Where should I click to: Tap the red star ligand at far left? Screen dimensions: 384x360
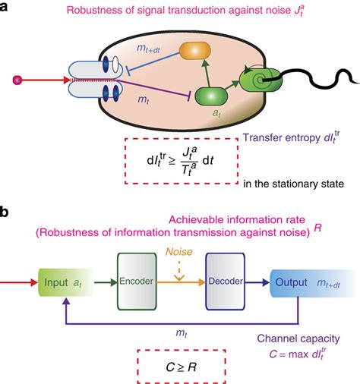pyautogui.click(x=17, y=78)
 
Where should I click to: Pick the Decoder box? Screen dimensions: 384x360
pyautogui.click(x=228, y=282)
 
